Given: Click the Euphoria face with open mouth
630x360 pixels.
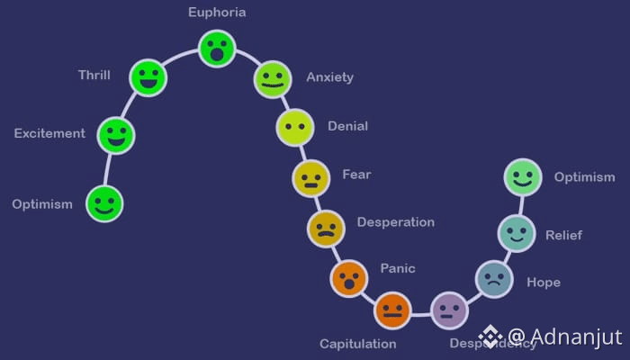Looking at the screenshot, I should point(217,49).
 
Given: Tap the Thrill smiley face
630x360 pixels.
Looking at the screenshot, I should point(148,77).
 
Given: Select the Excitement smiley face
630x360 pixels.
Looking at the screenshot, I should point(115,135).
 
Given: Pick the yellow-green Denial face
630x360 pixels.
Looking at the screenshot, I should point(294,127).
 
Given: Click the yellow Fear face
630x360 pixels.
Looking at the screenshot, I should point(310,177).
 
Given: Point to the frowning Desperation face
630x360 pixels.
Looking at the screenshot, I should point(326,229).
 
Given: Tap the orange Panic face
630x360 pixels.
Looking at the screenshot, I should point(348,278).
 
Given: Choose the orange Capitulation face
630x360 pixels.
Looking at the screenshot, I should point(391,311).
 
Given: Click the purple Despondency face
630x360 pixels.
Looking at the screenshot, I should point(449,310).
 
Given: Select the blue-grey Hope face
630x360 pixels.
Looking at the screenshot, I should point(493,278).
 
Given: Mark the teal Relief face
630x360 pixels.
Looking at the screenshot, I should point(517,233).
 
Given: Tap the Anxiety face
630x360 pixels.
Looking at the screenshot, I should point(272,79).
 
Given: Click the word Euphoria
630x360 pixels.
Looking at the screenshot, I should point(217,13).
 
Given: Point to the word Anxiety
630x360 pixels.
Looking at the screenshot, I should point(329,77).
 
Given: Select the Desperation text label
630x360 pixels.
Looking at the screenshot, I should point(395,222).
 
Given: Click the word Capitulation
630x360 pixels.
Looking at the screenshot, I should point(357,344).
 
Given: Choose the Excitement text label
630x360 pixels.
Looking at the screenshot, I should point(49,134).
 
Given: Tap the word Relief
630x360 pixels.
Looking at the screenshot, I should point(563,236).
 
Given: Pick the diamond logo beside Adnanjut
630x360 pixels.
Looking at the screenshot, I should point(490,337).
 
